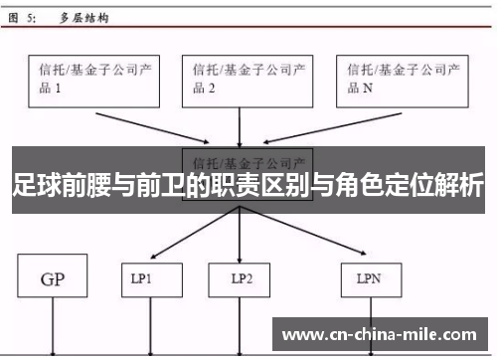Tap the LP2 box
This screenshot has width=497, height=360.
coord(239,279)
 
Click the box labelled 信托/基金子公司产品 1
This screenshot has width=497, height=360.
coord(93,80)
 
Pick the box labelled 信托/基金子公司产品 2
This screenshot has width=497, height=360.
coord(239,80)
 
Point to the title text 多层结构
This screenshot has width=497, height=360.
coord(85,18)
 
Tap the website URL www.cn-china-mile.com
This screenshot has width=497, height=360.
coord(382,333)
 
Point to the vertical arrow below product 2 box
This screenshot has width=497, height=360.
coord(239,127)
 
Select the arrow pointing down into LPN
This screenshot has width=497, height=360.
coord(308,237)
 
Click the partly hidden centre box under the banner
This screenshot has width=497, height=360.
coord(248,159)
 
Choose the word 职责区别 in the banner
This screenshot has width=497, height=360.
coord(237,186)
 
